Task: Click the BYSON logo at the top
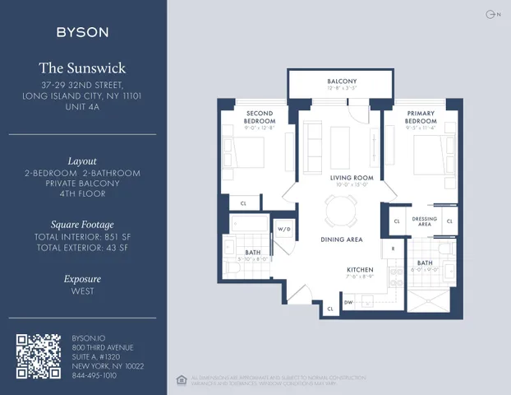pyautogui.click(x=82, y=32)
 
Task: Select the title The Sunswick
pyautogui.click(x=82, y=68)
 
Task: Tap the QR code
pyautogui.click(x=39, y=356)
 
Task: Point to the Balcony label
pyautogui.click(x=342, y=81)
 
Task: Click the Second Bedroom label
pyautogui.click(x=259, y=117)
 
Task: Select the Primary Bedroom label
pyautogui.click(x=421, y=117)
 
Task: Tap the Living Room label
pyautogui.click(x=352, y=178)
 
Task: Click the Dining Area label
pyautogui.click(x=342, y=239)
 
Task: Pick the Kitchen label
pyautogui.click(x=360, y=270)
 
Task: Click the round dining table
pyautogui.click(x=340, y=211)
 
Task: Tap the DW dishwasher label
pyautogui.click(x=349, y=303)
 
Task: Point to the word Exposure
pyautogui.click(x=82, y=279)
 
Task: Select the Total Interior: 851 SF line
pyautogui.click(x=82, y=237)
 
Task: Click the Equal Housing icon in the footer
pyautogui.click(x=181, y=379)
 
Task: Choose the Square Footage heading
pyautogui.click(x=82, y=224)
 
